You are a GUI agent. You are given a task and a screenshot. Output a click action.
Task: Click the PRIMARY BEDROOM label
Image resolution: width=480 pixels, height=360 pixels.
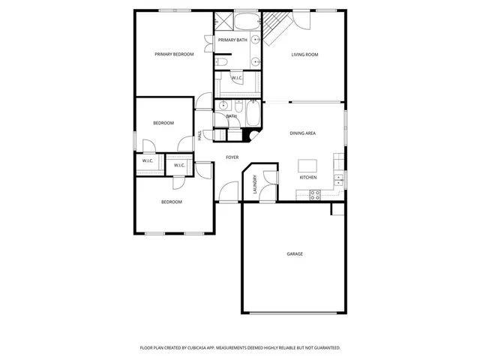point(174,54)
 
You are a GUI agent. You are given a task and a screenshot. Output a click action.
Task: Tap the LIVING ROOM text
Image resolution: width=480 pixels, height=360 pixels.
point(305,54)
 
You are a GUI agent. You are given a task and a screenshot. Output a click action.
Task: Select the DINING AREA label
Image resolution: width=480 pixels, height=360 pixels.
point(303,133)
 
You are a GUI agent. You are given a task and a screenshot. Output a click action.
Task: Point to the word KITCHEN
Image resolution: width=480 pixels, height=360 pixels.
point(308,178)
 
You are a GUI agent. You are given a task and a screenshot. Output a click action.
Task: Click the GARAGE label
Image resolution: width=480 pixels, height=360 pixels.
point(295,254)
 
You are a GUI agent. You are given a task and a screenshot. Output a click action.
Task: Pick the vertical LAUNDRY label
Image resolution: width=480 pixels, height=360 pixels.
point(255,184)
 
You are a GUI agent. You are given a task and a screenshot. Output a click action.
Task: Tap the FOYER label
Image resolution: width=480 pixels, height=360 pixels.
point(232,157)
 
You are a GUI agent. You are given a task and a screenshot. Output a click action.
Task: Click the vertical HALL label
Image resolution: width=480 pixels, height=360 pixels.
point(199,136)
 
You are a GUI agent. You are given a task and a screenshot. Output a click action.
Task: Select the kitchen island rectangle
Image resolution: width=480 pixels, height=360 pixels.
point(307,165)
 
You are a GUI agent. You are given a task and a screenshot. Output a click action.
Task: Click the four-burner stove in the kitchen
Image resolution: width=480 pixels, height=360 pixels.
point(316,195)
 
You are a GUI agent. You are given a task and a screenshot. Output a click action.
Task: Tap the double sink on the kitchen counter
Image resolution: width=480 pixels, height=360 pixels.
point(339,178)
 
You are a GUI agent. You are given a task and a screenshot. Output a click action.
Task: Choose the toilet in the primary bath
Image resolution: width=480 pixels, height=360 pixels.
point(223,62)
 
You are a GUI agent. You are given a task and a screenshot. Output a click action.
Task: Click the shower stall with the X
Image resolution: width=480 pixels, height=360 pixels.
point(223,21)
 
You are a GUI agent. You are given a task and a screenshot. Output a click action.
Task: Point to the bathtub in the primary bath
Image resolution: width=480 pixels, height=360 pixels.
point(246,20)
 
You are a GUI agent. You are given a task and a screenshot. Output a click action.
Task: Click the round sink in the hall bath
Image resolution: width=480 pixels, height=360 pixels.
point(223,106)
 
